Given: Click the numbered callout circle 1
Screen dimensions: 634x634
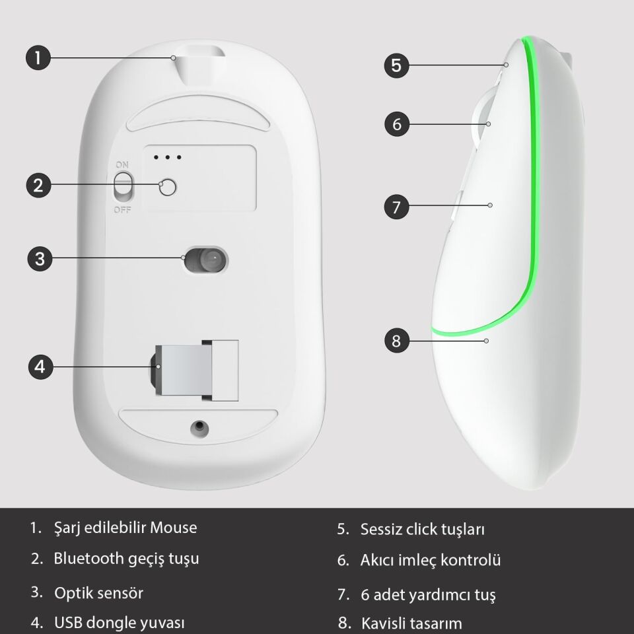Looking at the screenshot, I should click(x=38, y=57).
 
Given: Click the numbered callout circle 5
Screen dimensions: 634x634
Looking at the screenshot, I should click(x=396, y=65).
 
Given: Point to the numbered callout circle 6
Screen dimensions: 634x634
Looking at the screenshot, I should click(x=396, y=123).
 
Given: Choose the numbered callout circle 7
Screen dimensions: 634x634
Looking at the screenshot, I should click(x=396, y=206).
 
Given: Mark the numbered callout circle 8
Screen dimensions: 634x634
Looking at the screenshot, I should click(x=396, y=341).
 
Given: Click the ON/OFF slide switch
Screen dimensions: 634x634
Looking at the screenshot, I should click(x=122, y=186).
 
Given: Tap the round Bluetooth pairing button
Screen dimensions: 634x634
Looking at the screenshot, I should click(x=169, y=188).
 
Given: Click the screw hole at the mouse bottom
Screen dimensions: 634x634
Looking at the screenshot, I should click(x=197, y=427).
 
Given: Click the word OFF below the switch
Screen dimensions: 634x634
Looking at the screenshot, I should click(x=122, y=210).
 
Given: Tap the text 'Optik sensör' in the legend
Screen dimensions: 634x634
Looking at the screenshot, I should click(x=98, y=592).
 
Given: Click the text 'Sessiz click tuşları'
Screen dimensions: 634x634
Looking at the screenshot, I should click(x=423, y=530).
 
